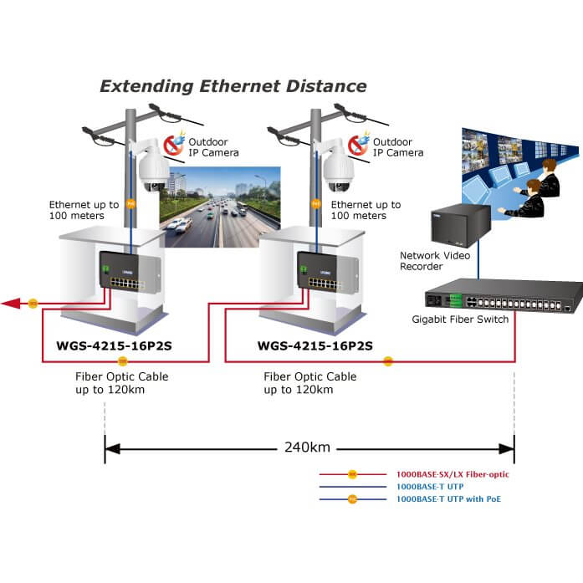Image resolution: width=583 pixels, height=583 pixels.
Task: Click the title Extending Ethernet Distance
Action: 233,85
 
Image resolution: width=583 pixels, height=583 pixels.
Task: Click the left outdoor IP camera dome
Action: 153,172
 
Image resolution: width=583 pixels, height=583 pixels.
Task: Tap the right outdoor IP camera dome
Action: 340,172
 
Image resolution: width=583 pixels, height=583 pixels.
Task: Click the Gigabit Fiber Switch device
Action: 496,299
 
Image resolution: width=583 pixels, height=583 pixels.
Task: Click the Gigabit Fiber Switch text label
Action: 460,320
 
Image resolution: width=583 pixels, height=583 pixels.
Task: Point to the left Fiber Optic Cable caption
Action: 122,383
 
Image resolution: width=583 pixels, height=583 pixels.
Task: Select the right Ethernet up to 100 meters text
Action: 366,210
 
